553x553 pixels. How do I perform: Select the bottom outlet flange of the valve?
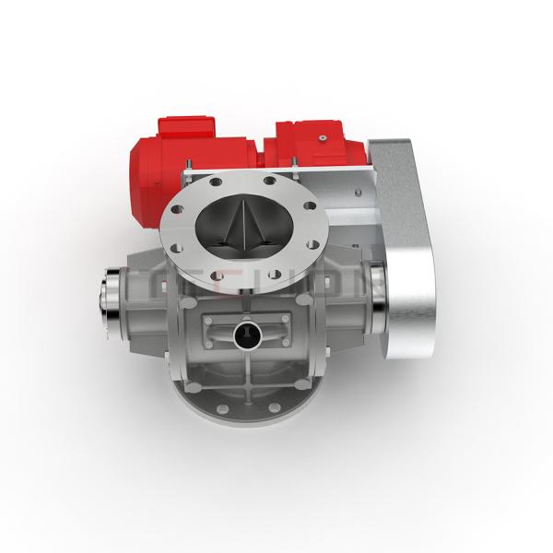pyautogui.click(x=249, y=406)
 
